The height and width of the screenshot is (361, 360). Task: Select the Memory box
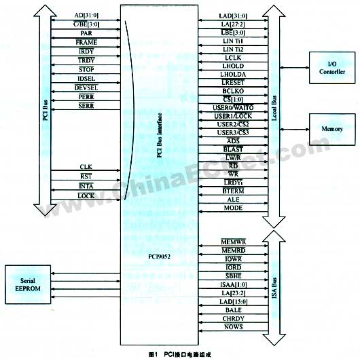(333, 127)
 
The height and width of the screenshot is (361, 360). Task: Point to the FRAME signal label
(86, 42)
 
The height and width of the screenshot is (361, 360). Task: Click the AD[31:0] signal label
(86, 15)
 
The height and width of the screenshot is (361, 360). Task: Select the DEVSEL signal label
(86, 88)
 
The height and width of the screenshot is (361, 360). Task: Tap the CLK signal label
(86, 166)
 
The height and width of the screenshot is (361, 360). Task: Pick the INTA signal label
(86, 186)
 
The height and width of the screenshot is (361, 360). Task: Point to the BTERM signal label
(233, 191)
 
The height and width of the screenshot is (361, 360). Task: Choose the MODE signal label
(233, 208)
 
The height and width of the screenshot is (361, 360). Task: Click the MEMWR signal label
(233, 242)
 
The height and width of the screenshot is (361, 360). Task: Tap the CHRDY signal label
(233, 318)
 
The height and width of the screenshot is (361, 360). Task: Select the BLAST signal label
(233, 148)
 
